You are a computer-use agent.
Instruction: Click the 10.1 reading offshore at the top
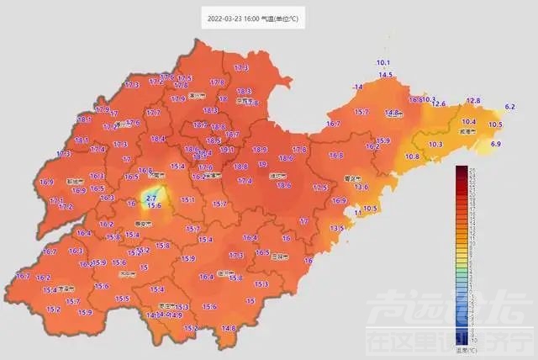[383, 63]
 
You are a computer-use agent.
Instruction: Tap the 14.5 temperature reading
[386, 76]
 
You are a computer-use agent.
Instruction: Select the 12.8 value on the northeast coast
[473, 101]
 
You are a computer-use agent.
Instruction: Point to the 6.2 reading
[509, 107]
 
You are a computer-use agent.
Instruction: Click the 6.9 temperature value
[496, 145]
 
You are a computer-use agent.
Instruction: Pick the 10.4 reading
[469, 122]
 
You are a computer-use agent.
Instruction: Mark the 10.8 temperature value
[413, 156]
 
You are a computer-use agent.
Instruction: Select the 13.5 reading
[337, 228]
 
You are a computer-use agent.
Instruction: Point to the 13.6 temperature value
[362, 187]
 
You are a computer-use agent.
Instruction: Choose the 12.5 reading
[319, 188]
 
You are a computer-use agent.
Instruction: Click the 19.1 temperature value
[225, 149]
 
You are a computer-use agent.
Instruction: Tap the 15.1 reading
[187, 200]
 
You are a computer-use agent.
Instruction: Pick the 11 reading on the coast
[357, 213]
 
